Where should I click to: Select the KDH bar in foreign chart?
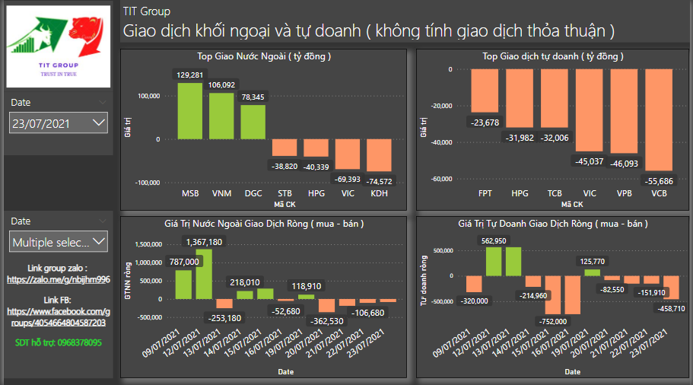pyautogui.click(x=379, y=155)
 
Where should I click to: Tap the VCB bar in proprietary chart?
pyautogui.click(x=659, y=119)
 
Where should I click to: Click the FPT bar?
pyautogui.click(x=484, y=91)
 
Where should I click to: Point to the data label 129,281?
pyautogui.click(x=190, y=75)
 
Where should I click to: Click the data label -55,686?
pyautogui.click(x=659, y=181)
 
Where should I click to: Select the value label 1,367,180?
pyautogui.click(x=205, y=242)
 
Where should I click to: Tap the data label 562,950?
pyautogui.click(x=494, y=241)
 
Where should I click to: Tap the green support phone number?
pyautogui.click(x=58, y=342)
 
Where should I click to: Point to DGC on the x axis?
pyautogui.click(x=253, y=193)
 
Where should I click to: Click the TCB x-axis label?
pyautogui.click(x=555, y=193)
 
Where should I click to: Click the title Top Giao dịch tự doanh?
pyautogui.click(x=553, y=56)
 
